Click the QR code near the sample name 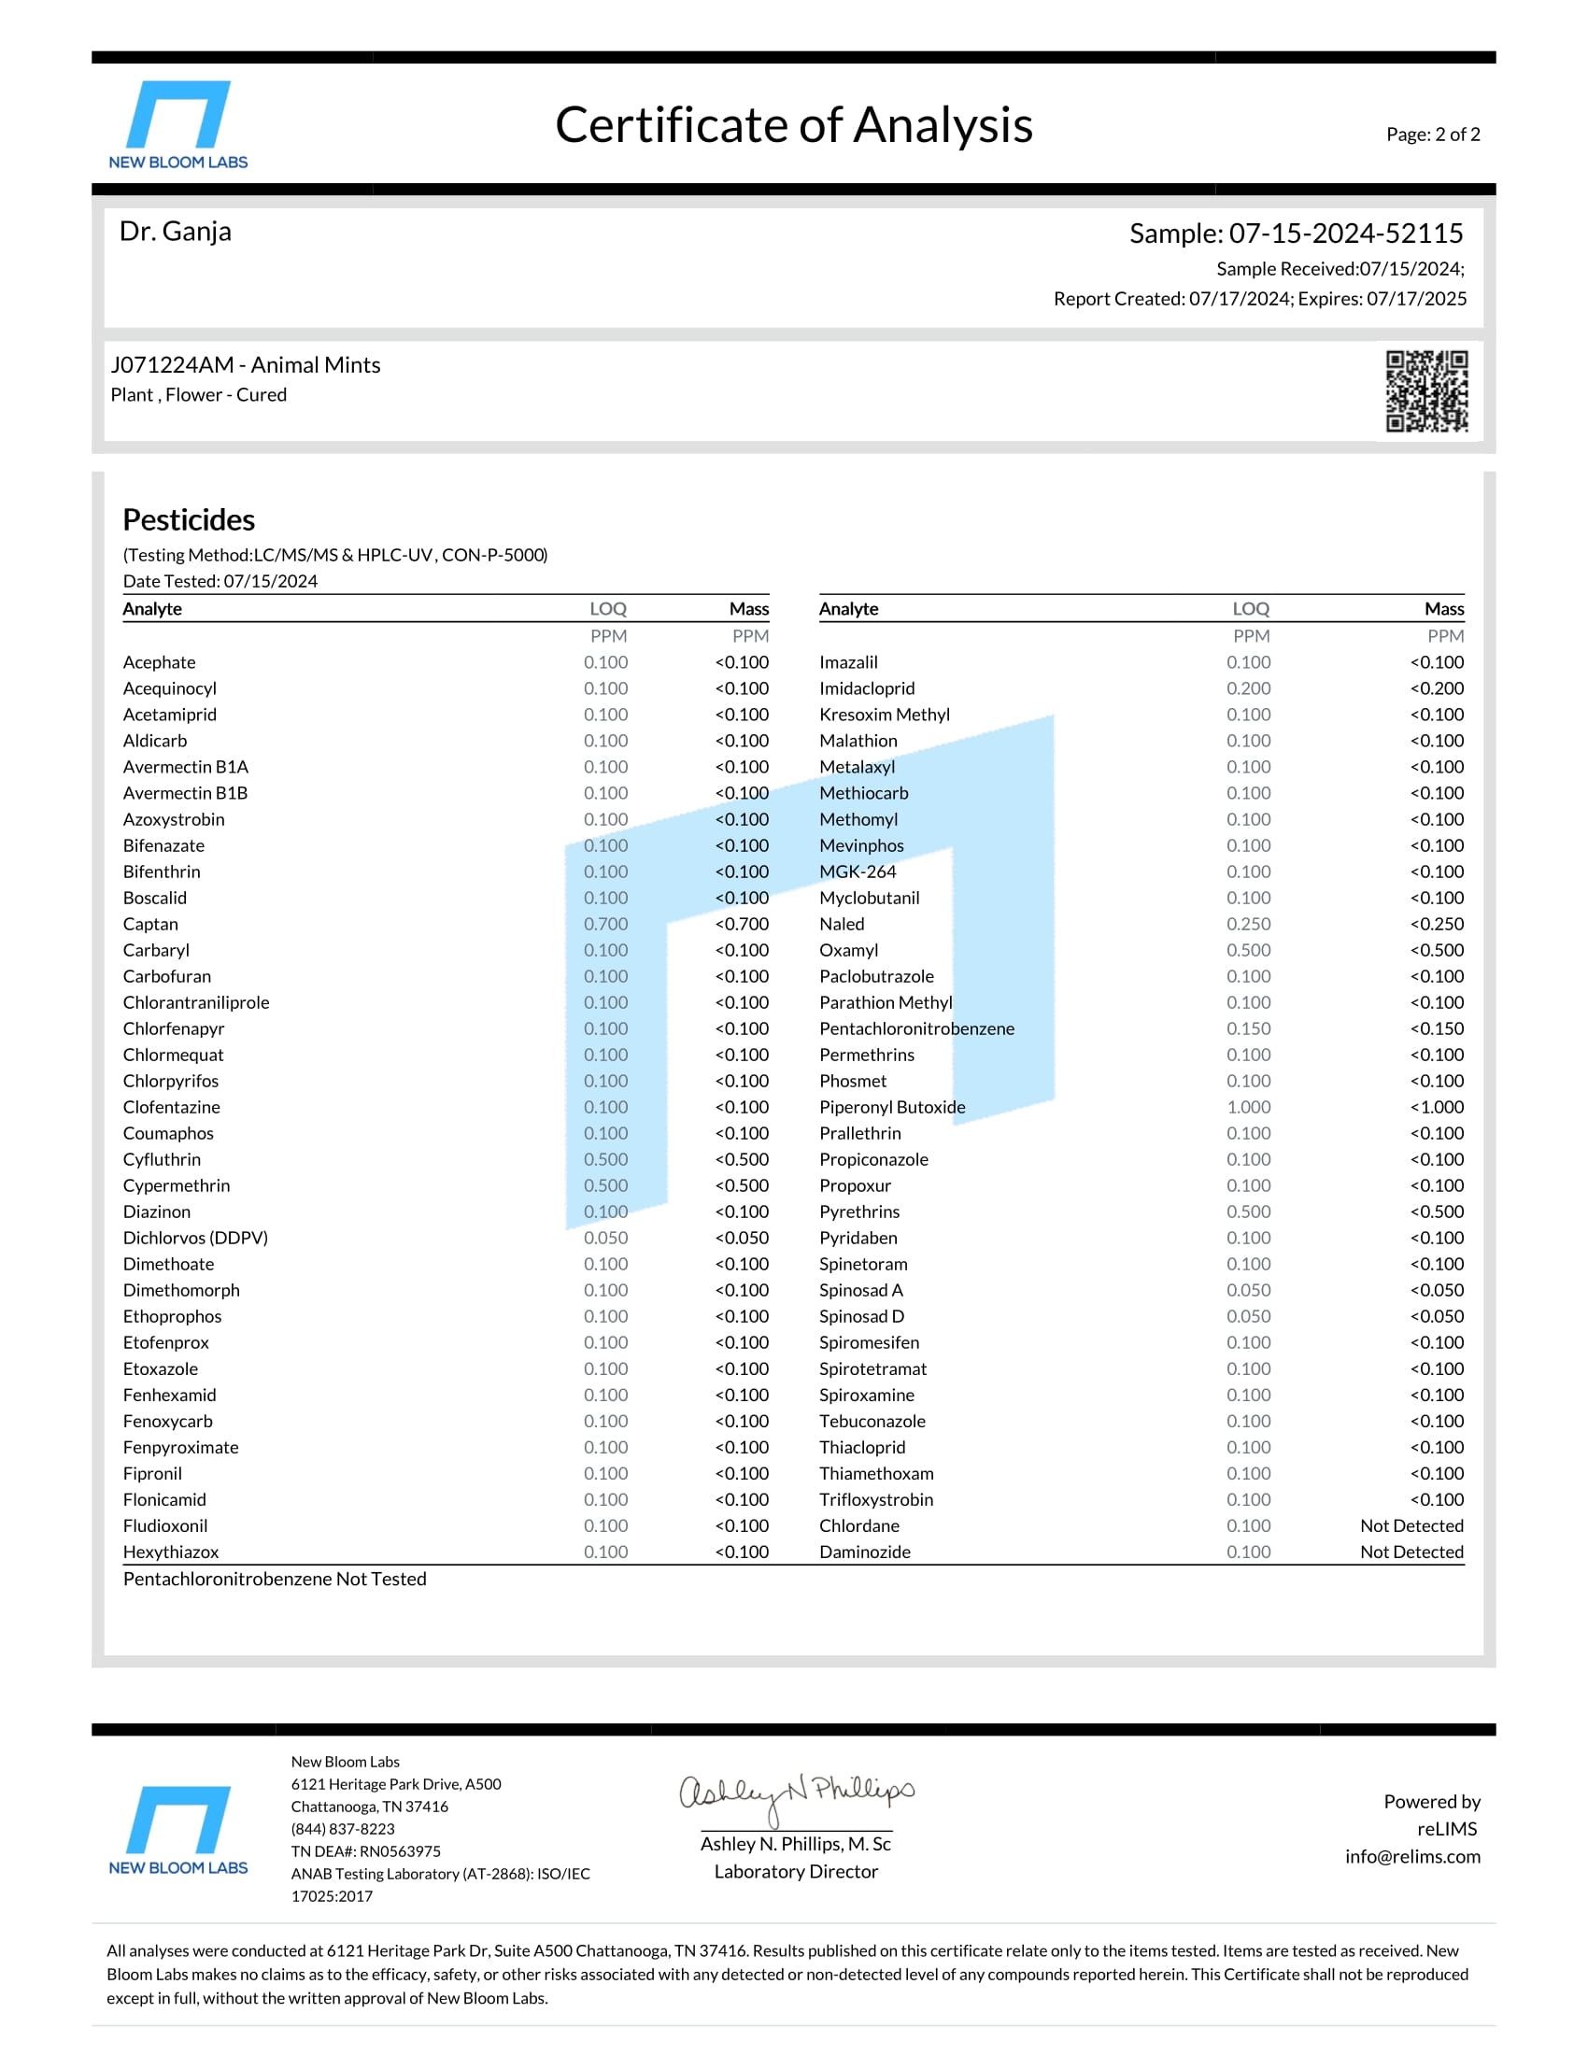click(1426, 391)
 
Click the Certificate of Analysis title click(793, 125)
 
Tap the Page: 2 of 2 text click(1432, 135)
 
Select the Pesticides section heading click(188, 519)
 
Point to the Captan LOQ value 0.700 click(605, 924)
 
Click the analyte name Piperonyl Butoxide click(892, 1108)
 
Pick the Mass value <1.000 click(1437, 1108)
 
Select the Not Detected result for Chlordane click(1411, 1526)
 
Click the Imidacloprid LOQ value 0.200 click(1247, 688)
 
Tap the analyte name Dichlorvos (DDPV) click(195, 1239)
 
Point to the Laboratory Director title click(795, 1872)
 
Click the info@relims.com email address click(1412, 1856)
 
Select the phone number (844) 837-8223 click(343, 1829)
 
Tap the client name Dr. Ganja click(175, 232)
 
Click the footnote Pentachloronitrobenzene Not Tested click(275, 1579)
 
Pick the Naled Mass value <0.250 click(1437, 924)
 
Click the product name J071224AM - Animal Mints click(246, 365)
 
